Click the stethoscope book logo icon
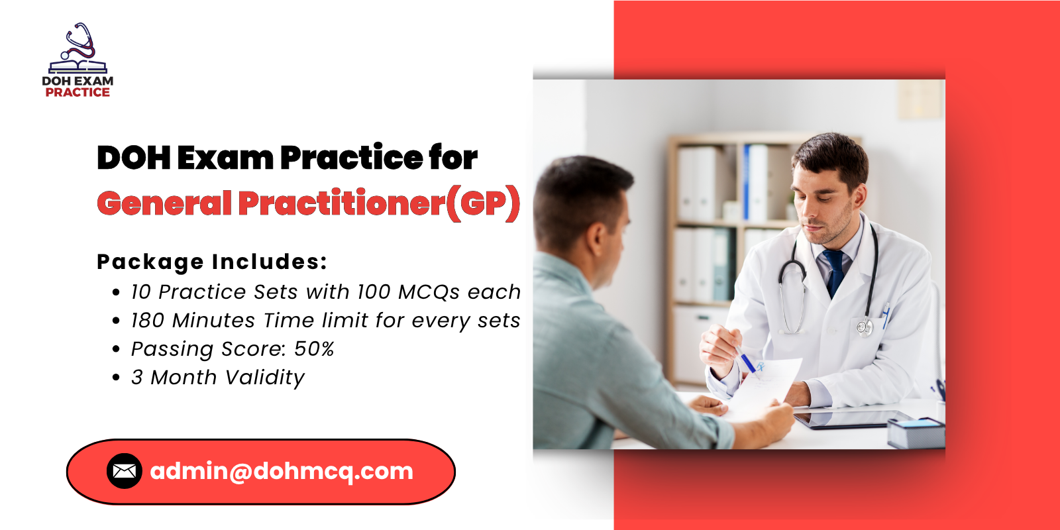pyautogui.click(x=78, y=49)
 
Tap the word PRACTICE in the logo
pyautogui.click(x=78, y=93)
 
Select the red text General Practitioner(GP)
pyautogui.click(x=308, y=203)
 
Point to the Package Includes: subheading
pyautogui.click(x=212, y=262)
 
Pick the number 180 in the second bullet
pyautogui.click(x=147, y=321)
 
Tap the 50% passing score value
pyautogui.click(x=314, y=349)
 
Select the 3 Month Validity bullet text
pyautogui.click(x=218, y=378)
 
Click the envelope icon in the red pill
pyautogui.click(x=124, y=471)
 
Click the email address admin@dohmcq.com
pyautogui.click(x=282, y=471)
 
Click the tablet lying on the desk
pyautogui.click(x=855, y=419)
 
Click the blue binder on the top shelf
pyautogui.click(x=747, y=182)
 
